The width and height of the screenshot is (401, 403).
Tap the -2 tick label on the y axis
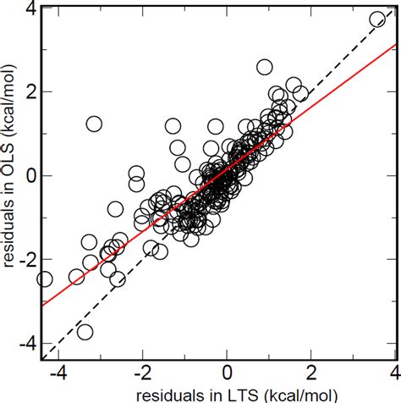[x=25, y=259]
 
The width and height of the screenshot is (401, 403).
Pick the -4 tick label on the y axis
[x=25, y=343]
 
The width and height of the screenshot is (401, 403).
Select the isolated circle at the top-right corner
[x=378, y=19]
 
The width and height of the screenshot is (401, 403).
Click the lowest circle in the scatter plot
[x=85, y=332]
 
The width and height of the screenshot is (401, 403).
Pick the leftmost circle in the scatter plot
[x=45, y=279]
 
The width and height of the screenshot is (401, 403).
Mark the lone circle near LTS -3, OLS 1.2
[x=94, y=124]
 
